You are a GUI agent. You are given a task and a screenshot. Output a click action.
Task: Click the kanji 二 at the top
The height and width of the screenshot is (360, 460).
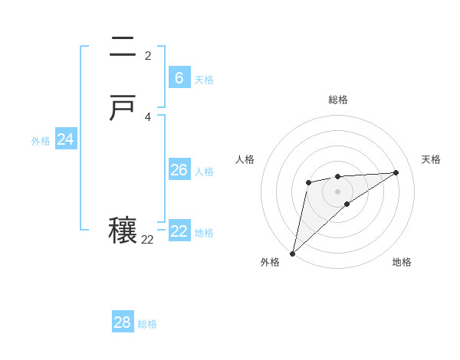coord(123,47)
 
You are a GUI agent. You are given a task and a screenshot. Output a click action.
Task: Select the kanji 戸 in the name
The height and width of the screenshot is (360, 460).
coord(123,109)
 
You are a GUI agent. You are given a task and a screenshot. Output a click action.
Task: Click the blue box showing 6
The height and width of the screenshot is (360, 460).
coord(179,78)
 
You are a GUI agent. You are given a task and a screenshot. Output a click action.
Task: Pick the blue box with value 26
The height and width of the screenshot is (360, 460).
coord(179,170)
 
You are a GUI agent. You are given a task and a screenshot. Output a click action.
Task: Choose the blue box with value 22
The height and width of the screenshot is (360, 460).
coord(179,231)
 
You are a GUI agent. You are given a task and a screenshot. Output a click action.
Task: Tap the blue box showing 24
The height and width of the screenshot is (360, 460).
coord(65,139)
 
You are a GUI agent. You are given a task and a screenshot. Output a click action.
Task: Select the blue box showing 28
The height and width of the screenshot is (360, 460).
coord(123,322)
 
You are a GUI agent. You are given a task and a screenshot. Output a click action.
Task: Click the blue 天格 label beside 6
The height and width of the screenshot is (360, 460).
coord(204,80)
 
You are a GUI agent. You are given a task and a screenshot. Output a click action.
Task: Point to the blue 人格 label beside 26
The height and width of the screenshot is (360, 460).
coord(204,172)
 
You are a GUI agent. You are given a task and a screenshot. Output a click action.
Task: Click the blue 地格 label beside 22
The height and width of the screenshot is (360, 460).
coord(204,233)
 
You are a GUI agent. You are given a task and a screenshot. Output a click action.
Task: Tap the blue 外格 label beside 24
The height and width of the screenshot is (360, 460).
coord(41,141)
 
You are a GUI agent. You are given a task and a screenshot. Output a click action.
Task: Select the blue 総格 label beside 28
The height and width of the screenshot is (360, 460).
coord(147,324)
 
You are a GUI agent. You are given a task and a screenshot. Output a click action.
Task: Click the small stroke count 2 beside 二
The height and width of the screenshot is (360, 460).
coord(148,55)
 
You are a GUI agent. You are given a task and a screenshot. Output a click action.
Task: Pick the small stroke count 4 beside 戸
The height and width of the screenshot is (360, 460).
coord(148,116)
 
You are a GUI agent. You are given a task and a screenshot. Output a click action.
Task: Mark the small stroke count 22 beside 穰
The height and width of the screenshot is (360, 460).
coord(147,239)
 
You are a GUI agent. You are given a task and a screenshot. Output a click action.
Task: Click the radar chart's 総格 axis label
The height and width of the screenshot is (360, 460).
coord(338,100)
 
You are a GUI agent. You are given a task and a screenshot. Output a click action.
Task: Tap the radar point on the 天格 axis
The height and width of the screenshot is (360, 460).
coord(396,172)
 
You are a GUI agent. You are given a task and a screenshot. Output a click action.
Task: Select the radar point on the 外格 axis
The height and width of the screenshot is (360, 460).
coord(292,253)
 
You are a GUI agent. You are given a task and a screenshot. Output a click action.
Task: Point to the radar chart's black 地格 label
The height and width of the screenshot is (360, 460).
coord(402,262)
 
